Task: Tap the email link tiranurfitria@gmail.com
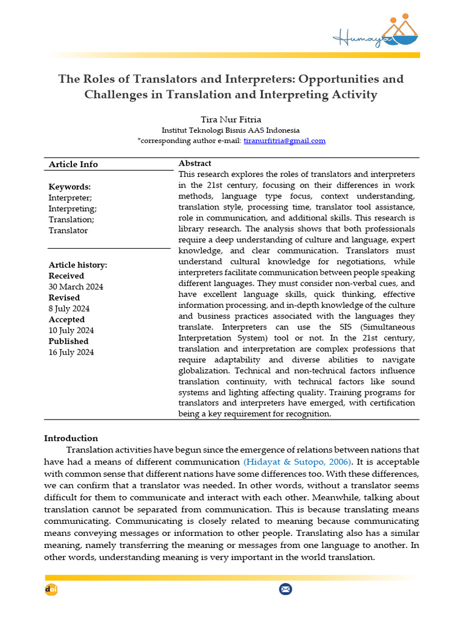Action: [x=285, y=141]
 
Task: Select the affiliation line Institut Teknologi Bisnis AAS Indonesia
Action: [x=230, y=130]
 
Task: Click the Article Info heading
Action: [x=73, y=164]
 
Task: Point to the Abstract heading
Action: [x=195, y=164]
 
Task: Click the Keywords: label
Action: [x=69, y=186]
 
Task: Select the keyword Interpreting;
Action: [x=72, y=208]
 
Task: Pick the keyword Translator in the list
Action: [x=68, y=230]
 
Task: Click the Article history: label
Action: [x=78, y=265]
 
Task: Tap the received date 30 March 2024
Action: [x=76, y=287]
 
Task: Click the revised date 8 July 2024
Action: [x=69, y=308]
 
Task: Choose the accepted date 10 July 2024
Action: [x=71, y=330]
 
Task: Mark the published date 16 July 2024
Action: [x=71, y=352]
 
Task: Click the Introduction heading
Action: [x=71, y=438]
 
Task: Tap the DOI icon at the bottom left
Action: [x=51, y=589]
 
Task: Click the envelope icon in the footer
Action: [x=285, y=589]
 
